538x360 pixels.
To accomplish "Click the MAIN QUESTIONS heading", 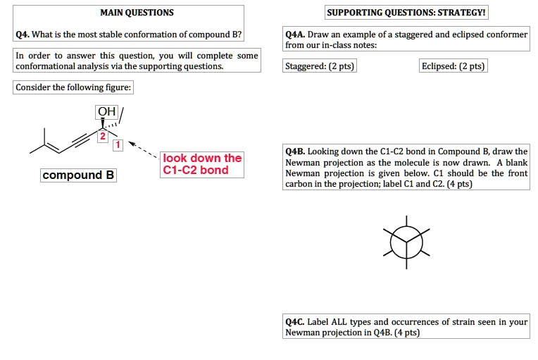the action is [137, 13].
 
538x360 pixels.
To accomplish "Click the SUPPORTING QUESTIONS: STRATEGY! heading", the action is [406, 13].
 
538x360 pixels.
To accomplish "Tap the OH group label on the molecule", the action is [107, 112].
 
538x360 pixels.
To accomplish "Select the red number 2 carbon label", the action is [102, 135].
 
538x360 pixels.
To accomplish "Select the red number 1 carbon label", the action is [118, 145].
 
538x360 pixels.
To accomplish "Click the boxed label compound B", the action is [78, 175].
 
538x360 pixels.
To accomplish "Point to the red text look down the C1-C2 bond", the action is [201, 164].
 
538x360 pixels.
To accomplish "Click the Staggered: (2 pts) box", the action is [319, 66].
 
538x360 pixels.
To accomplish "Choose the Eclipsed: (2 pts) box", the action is [453, 66].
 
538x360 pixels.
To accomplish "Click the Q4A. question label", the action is [294, 35].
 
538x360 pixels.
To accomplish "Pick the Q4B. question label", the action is [294, 151].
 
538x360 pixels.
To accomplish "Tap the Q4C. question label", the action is [294, 322].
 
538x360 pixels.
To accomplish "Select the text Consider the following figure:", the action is [73, 87].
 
